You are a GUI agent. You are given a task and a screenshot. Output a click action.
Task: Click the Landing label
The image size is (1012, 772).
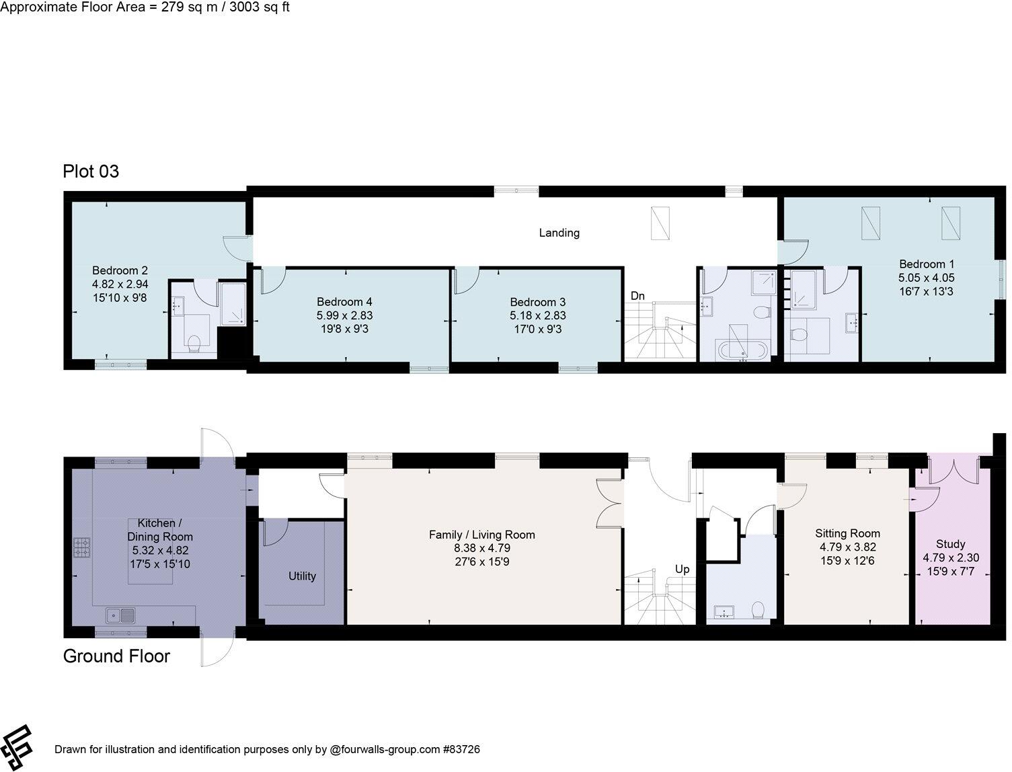pos(559,233)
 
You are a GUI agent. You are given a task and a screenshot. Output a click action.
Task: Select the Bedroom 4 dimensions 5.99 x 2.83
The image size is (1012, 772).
pos(344,315)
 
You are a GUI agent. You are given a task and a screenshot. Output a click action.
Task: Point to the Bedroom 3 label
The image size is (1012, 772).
pos(537,302)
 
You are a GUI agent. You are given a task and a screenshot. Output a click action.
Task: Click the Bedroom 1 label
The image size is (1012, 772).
pos(926,264)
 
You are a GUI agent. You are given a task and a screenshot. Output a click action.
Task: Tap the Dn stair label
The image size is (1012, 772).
pos(637,296)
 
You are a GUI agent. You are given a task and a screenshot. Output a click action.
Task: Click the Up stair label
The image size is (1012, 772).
pos(682,569)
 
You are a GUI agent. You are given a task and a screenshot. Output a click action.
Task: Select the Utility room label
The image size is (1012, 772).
pos(302,576)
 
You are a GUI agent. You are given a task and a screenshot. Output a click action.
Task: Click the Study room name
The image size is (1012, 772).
pos(950,543)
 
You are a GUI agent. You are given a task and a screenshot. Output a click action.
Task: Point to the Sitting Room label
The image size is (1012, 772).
pos(846,533)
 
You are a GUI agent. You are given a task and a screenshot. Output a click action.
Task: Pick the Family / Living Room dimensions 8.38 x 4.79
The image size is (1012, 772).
pos(482,548)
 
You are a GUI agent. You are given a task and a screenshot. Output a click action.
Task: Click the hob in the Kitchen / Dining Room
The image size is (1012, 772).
pos(81,548)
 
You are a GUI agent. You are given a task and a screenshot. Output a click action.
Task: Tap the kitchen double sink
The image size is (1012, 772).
pos(120,614)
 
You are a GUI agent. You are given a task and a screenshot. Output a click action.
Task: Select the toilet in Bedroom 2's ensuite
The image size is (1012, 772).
pos(194,344)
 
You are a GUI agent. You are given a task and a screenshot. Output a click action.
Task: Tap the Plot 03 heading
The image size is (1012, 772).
pos(91,171)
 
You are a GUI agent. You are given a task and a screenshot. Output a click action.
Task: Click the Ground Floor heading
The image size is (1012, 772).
pos(116,656)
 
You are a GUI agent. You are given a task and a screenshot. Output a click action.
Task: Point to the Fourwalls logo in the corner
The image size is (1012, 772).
pos(17,747)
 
